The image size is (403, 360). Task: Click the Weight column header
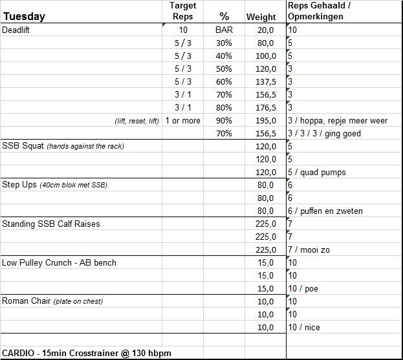pos(261,17)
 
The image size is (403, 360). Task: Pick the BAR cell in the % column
pos(223,30)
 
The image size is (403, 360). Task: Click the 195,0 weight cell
pos(266,121)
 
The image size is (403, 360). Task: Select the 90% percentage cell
pos(223,121)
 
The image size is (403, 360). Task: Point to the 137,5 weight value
pos(266,82)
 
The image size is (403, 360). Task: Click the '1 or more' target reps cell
pos(183,121)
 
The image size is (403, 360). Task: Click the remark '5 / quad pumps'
pos(317,172)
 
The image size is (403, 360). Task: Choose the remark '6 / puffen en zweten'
pos(325,211)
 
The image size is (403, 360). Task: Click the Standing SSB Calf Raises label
pos(50,224)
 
